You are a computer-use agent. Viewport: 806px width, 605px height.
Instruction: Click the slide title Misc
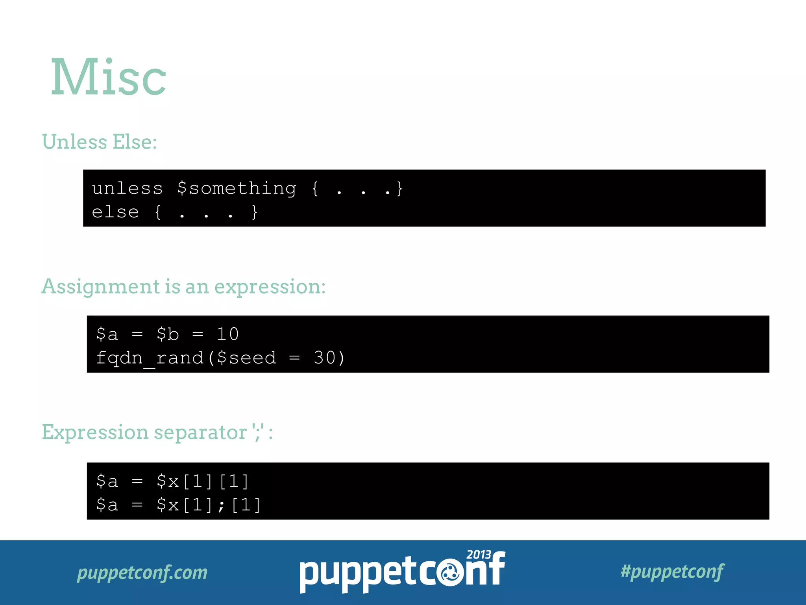(x=109, y=77)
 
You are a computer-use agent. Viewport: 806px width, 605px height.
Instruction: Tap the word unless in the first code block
(x=127, y=188)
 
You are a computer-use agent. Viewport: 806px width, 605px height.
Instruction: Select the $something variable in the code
(x=237, y=188)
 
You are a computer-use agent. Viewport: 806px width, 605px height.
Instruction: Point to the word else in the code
(x=115, y=212)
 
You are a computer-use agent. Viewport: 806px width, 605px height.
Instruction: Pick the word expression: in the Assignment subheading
(x=270, y=287)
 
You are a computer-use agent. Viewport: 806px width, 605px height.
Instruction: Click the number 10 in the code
(x=228, y=334)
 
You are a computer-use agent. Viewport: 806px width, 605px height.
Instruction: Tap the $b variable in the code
(x=168, y=334)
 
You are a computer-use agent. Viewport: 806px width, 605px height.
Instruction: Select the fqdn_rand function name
(x=150, y=358)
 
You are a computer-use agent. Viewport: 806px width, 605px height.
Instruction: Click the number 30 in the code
(x=324, y=358)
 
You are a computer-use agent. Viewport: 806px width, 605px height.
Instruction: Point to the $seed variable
(x=246, y=358)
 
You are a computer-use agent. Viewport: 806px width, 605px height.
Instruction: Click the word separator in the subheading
(x=200, y=432)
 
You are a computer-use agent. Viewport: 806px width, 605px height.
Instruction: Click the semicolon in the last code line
(x=222, y=505)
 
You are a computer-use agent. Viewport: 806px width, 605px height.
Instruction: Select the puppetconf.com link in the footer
(x=142, y=572)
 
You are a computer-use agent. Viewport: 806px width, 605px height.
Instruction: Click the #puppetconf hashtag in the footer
(x=672, y=572)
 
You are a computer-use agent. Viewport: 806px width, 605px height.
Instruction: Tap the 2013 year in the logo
(x=479, y=555)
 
